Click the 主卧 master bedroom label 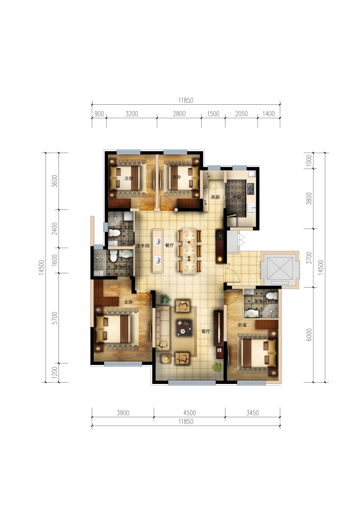coord(129,302)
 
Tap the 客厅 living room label coord(206,331)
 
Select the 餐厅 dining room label coord(169,245)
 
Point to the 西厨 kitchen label coord(216,197)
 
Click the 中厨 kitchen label coord(237,197)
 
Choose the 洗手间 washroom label coord(143,246)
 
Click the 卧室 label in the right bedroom coord(242,325)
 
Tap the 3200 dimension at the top coord(132,114)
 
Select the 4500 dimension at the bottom coord(189,413)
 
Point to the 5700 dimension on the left coord(54,318)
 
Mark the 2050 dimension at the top coord(241,114)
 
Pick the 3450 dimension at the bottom coord(252,413)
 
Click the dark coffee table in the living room coord(184,328)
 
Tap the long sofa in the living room coord(163,329)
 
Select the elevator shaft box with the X coord(280,268)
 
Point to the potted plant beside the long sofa coord(165,299)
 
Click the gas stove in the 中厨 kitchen coord(251,188)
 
